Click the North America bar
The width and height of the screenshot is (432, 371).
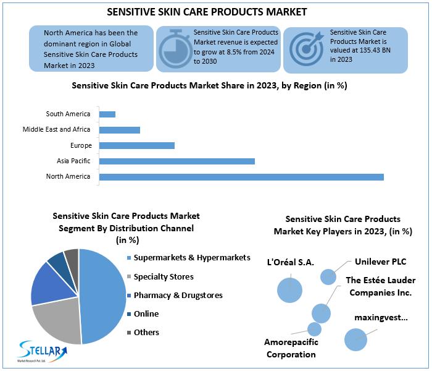pyautogui.click(x=241, y=177)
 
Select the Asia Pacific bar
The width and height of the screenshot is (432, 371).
pyautogui.click(x=177, y=161)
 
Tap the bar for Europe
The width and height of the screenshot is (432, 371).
pyautogui.click(x=136, y=145)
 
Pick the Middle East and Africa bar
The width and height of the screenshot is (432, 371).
pyautogui.click(x=119, y=130)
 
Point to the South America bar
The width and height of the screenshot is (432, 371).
pyautogui.click(x=107, y=114)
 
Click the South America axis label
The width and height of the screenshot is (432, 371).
pyautogui.click(x=68, y=114)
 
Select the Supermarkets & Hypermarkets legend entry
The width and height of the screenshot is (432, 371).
pyautogui.click(x=188, y=257)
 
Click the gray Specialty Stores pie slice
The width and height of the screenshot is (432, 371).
pyautogui.click(x=56, y=322)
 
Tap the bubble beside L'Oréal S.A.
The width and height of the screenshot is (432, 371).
pyautogui.click(x=289, y=289)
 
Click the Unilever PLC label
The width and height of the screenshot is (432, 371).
pyautogui.click(x=380, y=262)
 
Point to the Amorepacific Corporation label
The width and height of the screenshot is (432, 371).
pyautogui.click(x=291, y=348)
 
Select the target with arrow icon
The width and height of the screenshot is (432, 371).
pyautogui.click(x=305, y=49)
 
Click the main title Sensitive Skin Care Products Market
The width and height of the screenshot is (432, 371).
pyautogui.click(x=215, y=12)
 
